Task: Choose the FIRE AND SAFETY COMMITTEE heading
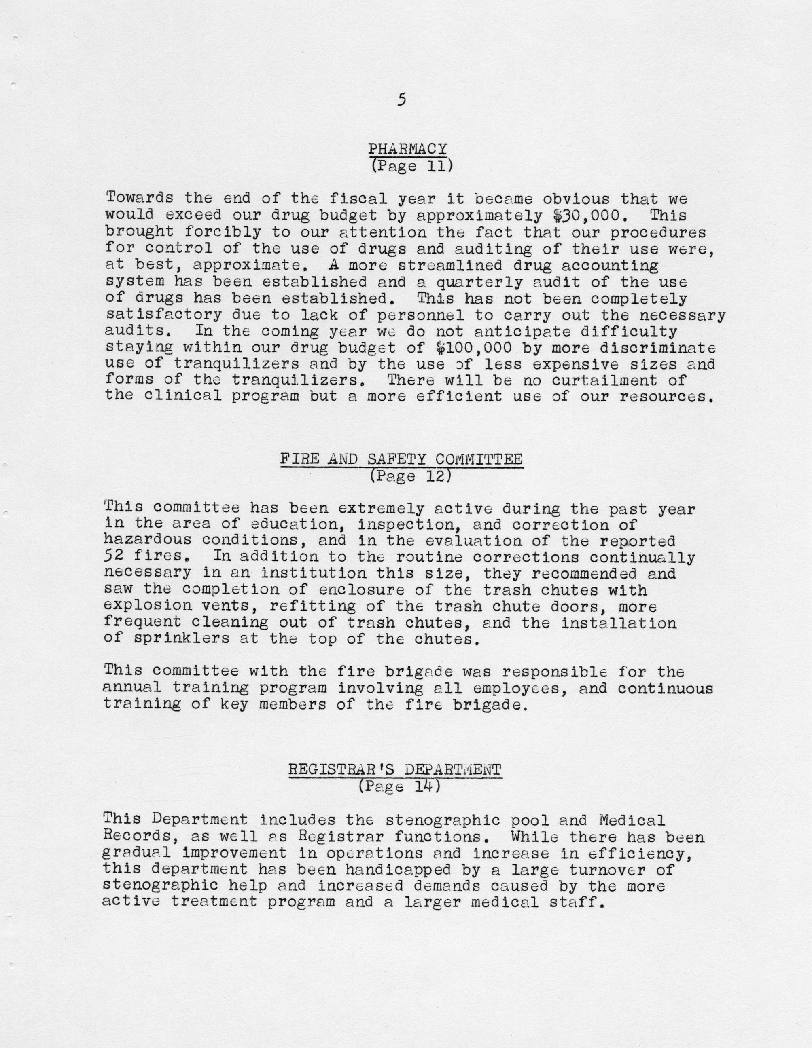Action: tap(401, 459)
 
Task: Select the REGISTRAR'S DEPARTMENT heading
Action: tap(395, 770)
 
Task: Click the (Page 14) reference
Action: tap(399, 787)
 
